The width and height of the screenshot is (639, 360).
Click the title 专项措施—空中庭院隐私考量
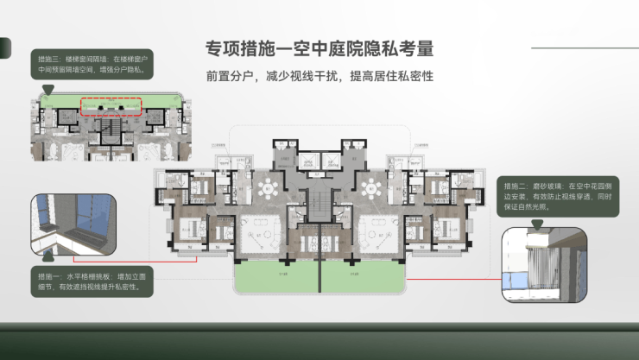coord(319,47)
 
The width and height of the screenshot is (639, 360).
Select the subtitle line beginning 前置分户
coord(319,76)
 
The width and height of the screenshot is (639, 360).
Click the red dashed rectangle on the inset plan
coord(110,107)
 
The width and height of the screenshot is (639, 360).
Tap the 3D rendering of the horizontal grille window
coord(73,225)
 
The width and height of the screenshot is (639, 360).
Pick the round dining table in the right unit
coord(373,187)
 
